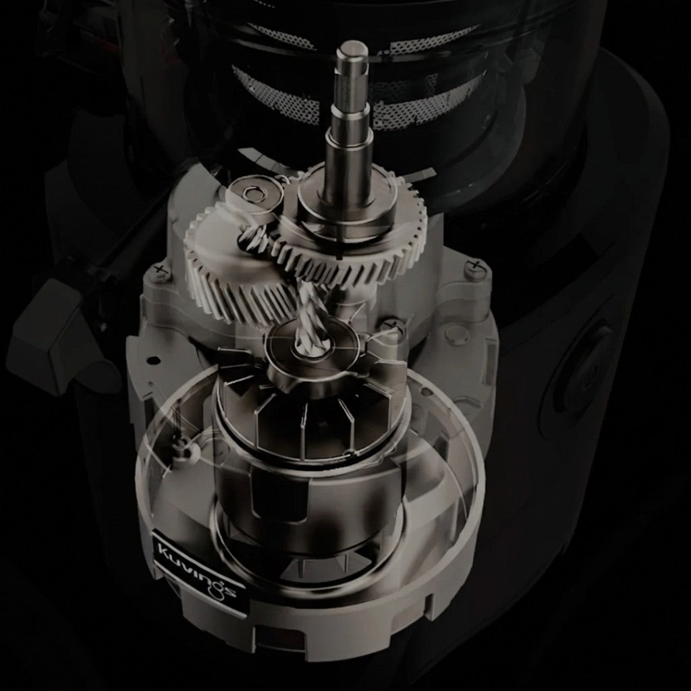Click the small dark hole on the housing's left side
(x=153, y=360)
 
